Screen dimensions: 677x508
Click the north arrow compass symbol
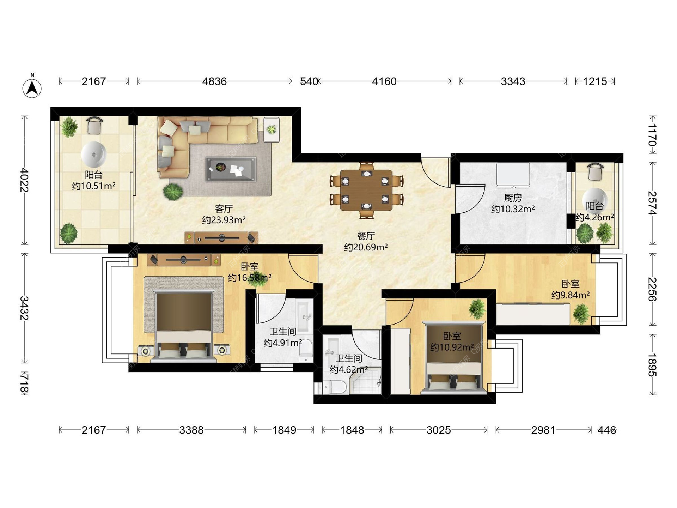tap(32, 86)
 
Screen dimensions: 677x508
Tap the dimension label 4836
tap(214, 81)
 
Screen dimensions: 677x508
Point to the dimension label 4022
tap(24, 180)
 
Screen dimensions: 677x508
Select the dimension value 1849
tap(284, 430)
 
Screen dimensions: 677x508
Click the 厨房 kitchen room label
tap(513, 198)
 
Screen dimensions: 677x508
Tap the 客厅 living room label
tap(224, 209)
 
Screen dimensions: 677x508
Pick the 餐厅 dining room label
tap(366, 236)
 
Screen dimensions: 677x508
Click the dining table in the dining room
tap(366, 190)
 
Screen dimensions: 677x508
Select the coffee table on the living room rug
tap(231, 169)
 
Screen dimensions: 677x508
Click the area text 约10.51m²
tap(94, 186)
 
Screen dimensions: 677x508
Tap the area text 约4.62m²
tap(349, 370)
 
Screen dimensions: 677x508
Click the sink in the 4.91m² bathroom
tap(305, 316)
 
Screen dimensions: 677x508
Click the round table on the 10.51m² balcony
tap(94, 155)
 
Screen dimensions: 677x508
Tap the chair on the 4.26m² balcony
tap(596, 172)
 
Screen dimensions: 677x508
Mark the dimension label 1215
tap(595, 81)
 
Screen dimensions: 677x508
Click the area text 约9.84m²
tap(571, 295)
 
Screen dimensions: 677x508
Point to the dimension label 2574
tap(652, 203)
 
